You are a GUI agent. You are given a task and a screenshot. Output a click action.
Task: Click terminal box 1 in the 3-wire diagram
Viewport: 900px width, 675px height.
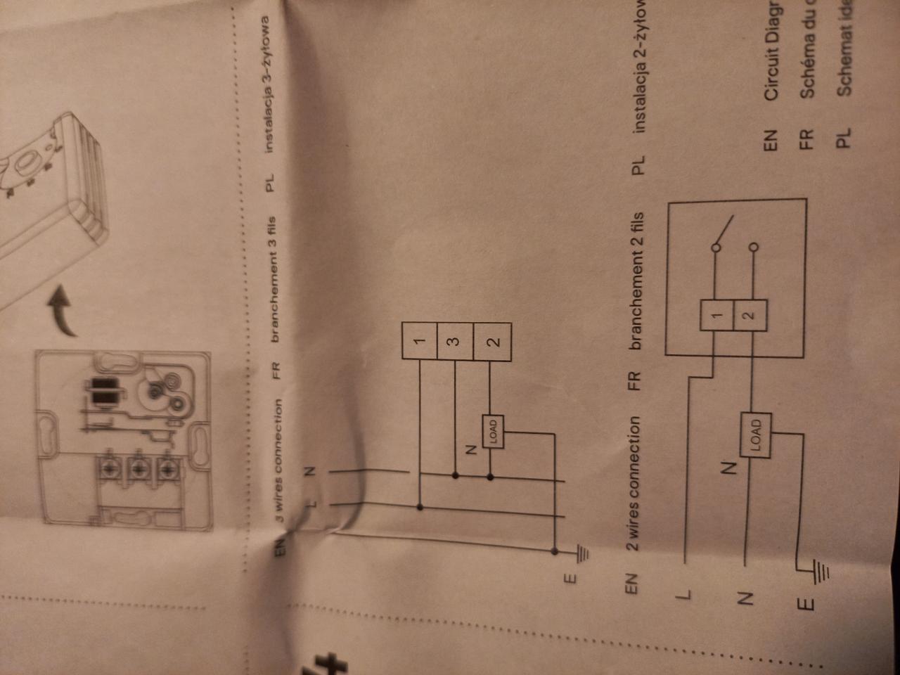(420, 341)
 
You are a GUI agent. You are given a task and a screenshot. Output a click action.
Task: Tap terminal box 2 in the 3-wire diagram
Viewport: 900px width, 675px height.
(493, 342)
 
